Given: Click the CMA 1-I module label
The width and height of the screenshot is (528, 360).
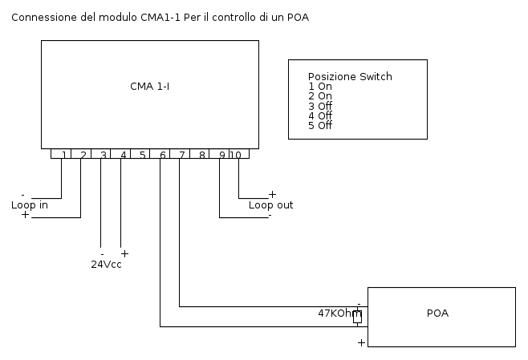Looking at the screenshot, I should coord(149,86).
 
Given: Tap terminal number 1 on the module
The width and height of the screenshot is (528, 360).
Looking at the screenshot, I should coord(64,155).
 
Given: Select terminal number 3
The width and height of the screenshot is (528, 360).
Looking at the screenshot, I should coord(104,155).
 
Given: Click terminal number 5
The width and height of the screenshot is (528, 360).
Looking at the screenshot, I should coord(143,155).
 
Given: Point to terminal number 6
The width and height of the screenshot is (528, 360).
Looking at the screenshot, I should coord(163,155).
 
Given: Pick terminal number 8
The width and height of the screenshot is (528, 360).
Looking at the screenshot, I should coord(202,155).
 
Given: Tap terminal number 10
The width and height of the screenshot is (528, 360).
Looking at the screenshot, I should coord(236,155).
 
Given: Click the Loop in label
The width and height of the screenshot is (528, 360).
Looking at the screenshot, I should coord(30,205).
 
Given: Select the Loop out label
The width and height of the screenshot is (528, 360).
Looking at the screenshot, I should coord(270,205).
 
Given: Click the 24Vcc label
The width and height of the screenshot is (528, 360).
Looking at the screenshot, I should coord(106,264).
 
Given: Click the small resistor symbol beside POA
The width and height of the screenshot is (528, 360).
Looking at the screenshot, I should coord(357,317).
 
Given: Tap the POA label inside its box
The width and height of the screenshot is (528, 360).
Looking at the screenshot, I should coord(437,313).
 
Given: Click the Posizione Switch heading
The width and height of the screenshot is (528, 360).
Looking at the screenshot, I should coord(350,77).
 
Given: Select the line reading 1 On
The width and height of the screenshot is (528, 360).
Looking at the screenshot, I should coord(319,87).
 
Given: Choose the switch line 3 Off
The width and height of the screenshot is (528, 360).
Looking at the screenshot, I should coord(319,106).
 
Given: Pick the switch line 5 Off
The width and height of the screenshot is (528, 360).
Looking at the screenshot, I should coord(319,125).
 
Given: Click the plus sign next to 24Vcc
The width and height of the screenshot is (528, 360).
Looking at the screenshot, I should coord(124,253).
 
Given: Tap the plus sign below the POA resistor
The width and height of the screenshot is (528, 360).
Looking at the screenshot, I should coord(361,342).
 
